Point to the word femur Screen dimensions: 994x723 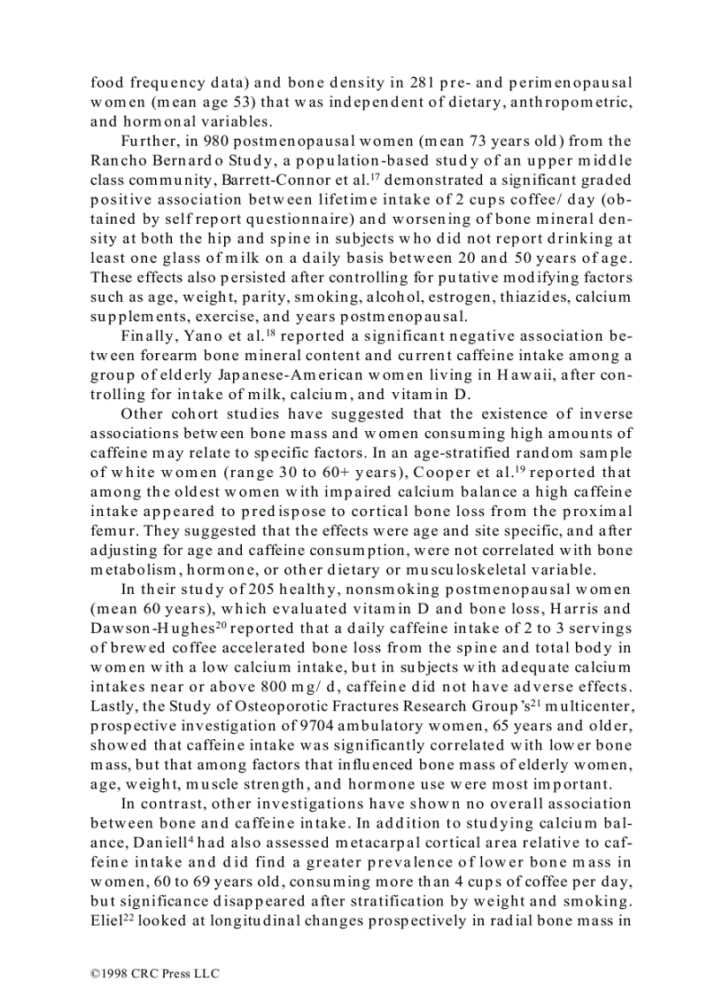(113, 530)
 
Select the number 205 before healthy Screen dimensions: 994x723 (233, 589)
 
